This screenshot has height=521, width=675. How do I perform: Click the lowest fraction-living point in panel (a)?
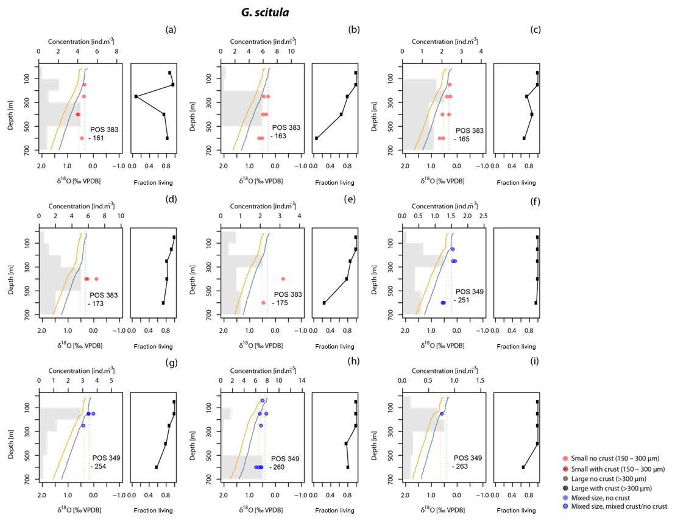coord(136,97)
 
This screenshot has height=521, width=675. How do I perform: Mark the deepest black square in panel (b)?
coord(316,138)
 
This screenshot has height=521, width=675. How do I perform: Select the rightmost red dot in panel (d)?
coord(96,278)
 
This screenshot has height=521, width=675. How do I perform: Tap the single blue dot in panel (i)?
coord(442,414)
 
